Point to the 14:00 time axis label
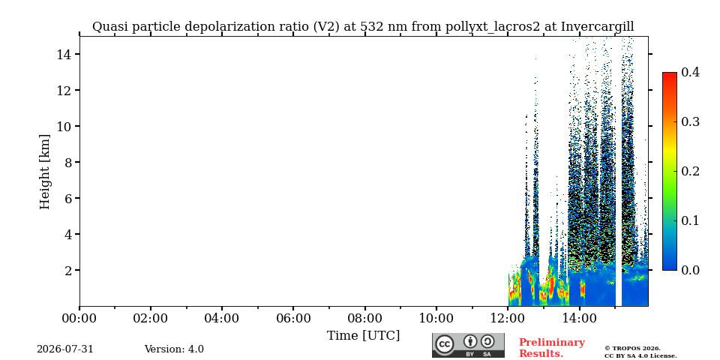(x=578, y=318)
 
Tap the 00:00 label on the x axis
(x=79, y=318)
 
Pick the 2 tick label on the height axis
(x=69, y=270)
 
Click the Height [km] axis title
(x=44, y=172)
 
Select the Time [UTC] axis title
(x=363, y=336)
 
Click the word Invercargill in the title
(x=598, y=27)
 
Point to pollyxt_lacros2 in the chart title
(x=493, y=27)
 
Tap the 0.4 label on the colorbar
(x=690, y=72)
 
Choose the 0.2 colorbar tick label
(x=690, y=171)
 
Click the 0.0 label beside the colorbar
(x=690, y=270)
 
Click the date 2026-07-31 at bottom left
(x=65, y=349)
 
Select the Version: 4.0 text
(x=174, y=349)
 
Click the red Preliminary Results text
(x=552, y=348)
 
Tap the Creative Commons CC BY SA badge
(x=468, y=345)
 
